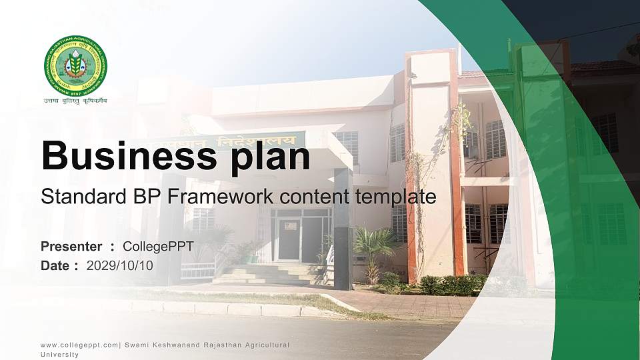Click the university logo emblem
point(75,65)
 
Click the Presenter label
point(71,247)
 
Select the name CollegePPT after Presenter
point(158,247)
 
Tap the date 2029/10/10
point(120,265)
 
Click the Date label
point(55,265)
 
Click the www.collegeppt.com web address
point(79,345)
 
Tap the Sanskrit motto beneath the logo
point(75,101)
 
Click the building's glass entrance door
point(289,239)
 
